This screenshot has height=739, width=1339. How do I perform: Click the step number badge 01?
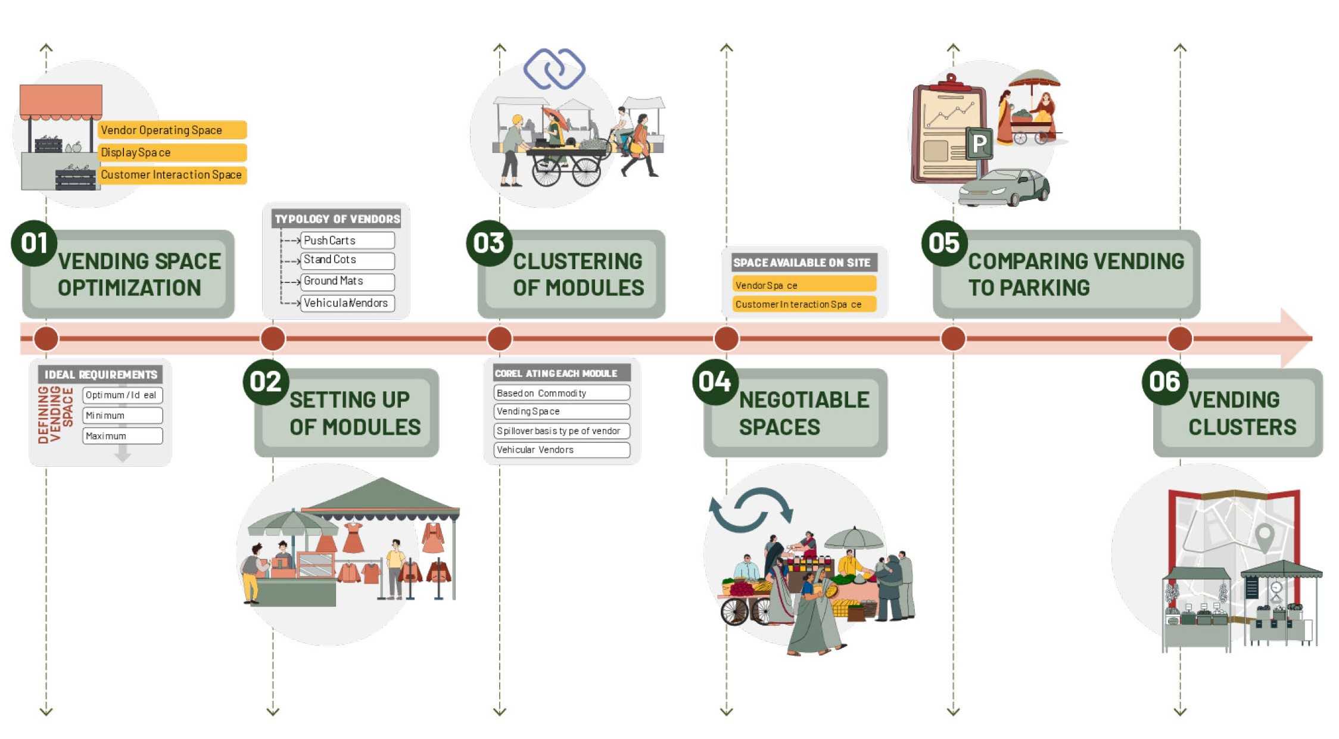click(34, 243)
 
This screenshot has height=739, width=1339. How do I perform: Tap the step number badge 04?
click(715, 382)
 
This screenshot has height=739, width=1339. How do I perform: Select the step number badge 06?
click(1164, 382)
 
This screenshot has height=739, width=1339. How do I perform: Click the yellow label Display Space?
click(172, 152)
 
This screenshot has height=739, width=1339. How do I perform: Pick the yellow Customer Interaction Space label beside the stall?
click(172, 175)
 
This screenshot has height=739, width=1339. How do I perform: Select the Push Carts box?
click(347, 241)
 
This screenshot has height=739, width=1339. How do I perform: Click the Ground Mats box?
click(347, 281)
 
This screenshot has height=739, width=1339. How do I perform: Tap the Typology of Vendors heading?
click(337, 219)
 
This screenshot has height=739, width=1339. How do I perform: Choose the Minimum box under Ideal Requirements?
click(123, 415)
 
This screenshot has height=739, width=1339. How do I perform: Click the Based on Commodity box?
click(562, 393)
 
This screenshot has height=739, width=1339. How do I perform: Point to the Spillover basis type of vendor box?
click(562, 431)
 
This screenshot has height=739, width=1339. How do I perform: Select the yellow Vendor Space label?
click(804, 285)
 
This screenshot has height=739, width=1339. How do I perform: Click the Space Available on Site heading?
click(802, 263)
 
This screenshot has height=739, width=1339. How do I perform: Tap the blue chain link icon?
click(555, 68)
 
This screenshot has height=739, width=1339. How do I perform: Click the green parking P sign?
click(979, 144)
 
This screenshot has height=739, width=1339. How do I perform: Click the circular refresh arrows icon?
click(751, 509)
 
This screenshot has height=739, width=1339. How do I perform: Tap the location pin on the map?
click(1264, 536)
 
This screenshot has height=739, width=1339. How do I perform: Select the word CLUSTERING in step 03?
click(577, 261)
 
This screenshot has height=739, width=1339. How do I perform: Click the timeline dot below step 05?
click(953, 338)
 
